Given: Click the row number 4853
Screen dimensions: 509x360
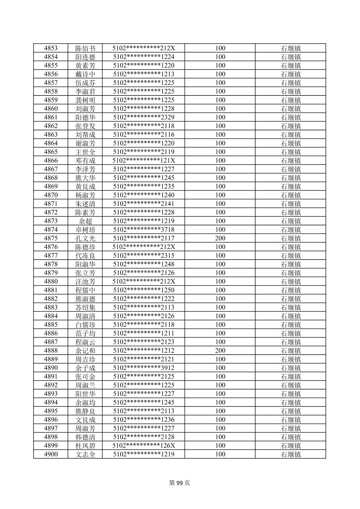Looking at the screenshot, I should [51, 48].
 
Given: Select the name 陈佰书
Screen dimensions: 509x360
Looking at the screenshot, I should [85, 48].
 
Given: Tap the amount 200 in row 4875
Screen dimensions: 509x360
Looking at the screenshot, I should [220, 238].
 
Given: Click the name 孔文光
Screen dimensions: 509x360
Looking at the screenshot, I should [85, 238].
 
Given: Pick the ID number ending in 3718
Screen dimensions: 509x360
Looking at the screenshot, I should [144, 230].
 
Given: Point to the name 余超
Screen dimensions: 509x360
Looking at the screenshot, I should [85, 221].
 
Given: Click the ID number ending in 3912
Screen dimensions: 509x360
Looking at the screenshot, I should [144, 368].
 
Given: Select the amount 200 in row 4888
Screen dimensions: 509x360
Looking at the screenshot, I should [220, 351].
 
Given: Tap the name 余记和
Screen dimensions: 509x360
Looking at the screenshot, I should [85, 351].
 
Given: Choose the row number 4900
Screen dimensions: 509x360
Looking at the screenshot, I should [51, 454].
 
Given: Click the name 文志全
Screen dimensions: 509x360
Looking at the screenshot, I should [85, 454].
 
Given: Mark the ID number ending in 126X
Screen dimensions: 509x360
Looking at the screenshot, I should [144, 446].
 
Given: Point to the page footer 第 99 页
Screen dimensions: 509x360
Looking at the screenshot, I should [179, 483].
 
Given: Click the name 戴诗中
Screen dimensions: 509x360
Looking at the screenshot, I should [85, 74].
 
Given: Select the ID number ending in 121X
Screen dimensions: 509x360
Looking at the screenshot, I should [144, 161].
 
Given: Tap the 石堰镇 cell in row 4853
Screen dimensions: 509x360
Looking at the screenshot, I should [290, 48].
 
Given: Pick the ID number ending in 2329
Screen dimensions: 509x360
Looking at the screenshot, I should [144, 117].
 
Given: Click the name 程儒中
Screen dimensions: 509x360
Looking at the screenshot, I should [85, 290].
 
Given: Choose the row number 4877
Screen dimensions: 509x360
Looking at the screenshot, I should [51, 256].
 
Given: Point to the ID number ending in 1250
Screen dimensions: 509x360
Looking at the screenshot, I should [144, 290].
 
